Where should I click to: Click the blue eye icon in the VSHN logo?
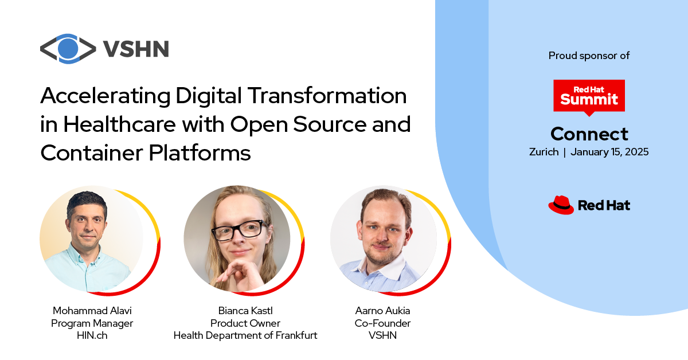tap(68, 49)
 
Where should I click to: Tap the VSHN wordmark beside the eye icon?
tap(136, 49)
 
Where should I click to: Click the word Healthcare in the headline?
tap(119, 124)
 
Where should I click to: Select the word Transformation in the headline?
tap(327, 96)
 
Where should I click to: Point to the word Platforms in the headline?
tap(200, 152)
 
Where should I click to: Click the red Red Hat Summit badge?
tap(589, 97)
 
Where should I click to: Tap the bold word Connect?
tap(589, 134)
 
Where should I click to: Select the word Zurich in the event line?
tap(544, 152)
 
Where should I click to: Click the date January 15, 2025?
tap(609, 152)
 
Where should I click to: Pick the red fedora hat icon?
tap(561, 205)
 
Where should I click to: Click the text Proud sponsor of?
tap(589, 56)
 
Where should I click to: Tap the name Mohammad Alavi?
tap(92, 311)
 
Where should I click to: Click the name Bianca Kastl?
tap(245, 311)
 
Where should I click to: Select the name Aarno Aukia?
tap(382, 311)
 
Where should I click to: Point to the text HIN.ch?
tap(92, 335)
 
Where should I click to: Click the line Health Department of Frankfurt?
tap(245, 335)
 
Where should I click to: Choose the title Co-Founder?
tap(382, 323)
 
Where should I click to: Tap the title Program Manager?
tap(92, 323)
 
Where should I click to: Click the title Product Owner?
tap(245, 323)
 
